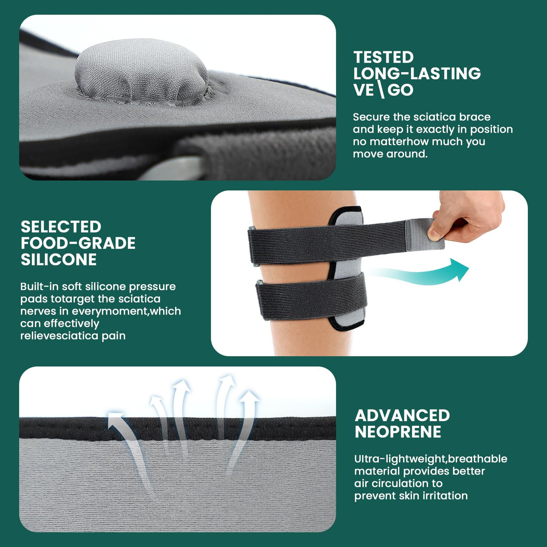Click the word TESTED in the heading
(384, 57)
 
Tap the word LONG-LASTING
(417, 73)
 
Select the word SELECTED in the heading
(61, 227)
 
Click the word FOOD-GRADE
(78, 243)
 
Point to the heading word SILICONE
(59, 259)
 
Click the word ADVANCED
(402, 416)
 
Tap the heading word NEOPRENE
(398, 432)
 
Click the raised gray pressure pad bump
(141, 71)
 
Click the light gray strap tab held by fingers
(424, 234)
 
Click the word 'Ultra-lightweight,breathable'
(431, 459)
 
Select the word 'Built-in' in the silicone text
(39, 286)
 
